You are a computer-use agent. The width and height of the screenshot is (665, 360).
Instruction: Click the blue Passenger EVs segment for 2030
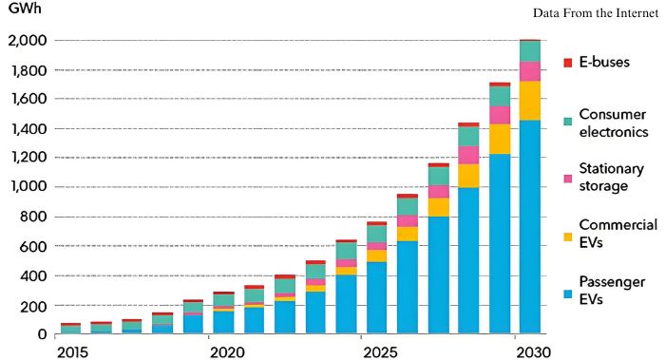(529, 228)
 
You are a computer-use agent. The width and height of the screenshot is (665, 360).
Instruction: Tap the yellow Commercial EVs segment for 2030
(529, 101)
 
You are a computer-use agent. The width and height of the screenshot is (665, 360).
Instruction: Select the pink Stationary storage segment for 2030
(529, 71)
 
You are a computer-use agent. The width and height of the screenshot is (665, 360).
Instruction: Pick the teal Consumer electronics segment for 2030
(529, 51)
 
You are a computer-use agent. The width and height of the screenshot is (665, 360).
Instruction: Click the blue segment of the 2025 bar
(377, 298)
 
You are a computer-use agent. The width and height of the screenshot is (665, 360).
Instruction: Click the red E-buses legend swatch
(568, 63)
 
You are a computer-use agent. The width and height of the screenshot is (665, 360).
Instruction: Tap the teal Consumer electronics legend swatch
(568, 121)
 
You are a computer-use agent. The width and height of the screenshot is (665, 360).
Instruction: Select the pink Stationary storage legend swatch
(568, 178)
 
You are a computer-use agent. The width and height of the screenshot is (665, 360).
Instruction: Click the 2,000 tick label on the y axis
(27, 40)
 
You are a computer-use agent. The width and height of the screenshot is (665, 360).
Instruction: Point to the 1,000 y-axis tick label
(27, 187)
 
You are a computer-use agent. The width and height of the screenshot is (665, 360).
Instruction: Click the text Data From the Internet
(595, 13)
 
